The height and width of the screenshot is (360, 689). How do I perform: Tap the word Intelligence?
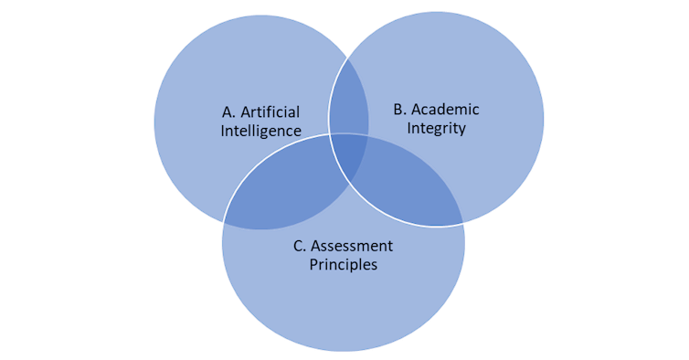coord(260,131)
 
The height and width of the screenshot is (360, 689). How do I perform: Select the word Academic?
coord(450,110)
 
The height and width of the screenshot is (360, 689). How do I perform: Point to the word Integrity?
coord(436,128)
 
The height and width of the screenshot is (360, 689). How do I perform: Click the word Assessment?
coord(353,246)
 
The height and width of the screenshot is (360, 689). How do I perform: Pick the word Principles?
coord(343,265)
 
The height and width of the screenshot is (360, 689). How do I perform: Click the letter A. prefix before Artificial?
coord(229,112)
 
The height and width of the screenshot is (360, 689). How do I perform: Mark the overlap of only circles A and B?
coord(348,101)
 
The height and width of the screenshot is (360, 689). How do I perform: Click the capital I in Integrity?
coord(409,128)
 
